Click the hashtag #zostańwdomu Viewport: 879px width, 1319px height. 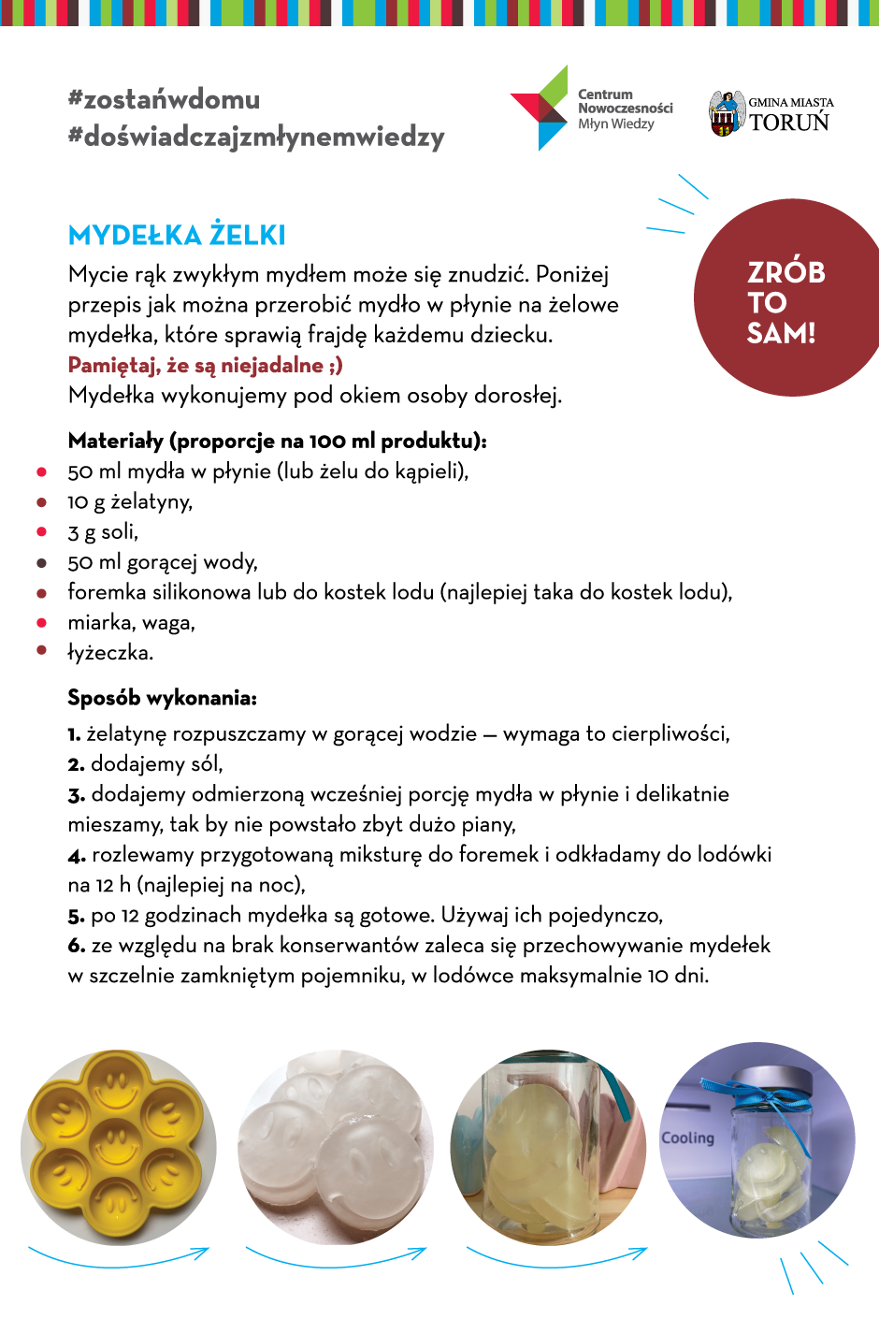click(x=164, y=99)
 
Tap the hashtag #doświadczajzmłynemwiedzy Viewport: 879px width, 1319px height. click(x=255, y=137)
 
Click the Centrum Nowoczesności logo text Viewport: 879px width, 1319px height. click(x=624, y=109)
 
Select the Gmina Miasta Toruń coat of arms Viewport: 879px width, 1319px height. click(x=726, y=113)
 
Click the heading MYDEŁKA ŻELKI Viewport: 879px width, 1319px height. click(x=177, y=235)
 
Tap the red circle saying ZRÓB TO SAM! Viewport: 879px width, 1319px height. click(x=785, y=299)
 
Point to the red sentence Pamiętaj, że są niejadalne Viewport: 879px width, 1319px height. click(x=205, y=365)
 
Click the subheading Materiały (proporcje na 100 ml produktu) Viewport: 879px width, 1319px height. click(x=277, y=441)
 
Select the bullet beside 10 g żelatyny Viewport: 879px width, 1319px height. click(x=41, y=502)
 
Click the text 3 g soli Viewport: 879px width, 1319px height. click(x=103, y=532)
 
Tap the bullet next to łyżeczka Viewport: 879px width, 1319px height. click(x=41, y=650)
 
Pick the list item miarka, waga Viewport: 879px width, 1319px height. click(x=131, y=623)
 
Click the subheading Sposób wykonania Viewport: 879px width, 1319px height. click(x=162, y=698)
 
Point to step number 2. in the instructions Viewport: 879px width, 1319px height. click(x=76, y=764)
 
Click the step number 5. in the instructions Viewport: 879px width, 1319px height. click(x=76, y=916)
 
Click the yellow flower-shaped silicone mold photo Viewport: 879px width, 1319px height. click(x=119, y=1147)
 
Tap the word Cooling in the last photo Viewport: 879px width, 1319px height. click(x=687, y=1138)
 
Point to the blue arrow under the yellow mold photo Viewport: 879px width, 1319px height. click(x=119, y=1257)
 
